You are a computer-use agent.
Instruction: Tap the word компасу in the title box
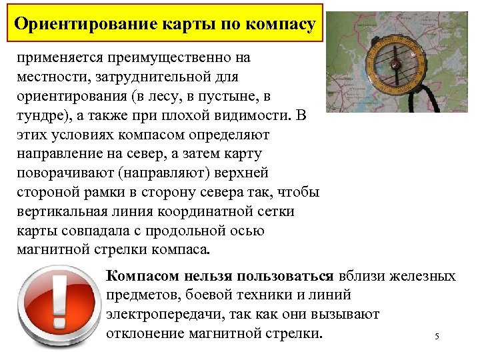279,25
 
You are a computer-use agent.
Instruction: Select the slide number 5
437,336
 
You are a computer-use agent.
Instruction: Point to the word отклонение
147,333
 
